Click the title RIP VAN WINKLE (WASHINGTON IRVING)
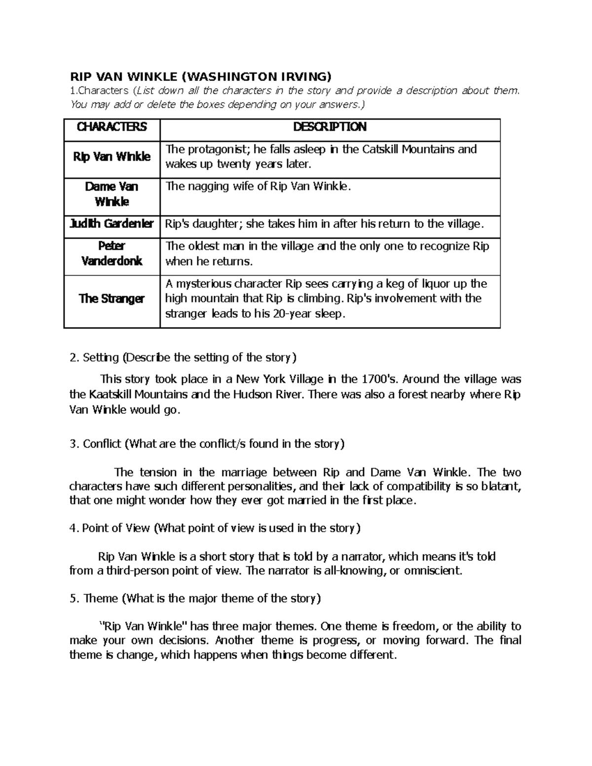pos(201,76)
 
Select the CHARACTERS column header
pos(112,127)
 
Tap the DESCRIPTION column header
pos(330,127)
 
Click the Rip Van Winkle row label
pos(112,157)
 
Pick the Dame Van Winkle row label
pos(112,194)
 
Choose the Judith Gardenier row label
pos(112,224)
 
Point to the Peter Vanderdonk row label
pos(112,253)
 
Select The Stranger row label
pos(112,299)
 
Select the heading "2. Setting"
pos(95,357)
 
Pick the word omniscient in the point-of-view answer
pos(433,571)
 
